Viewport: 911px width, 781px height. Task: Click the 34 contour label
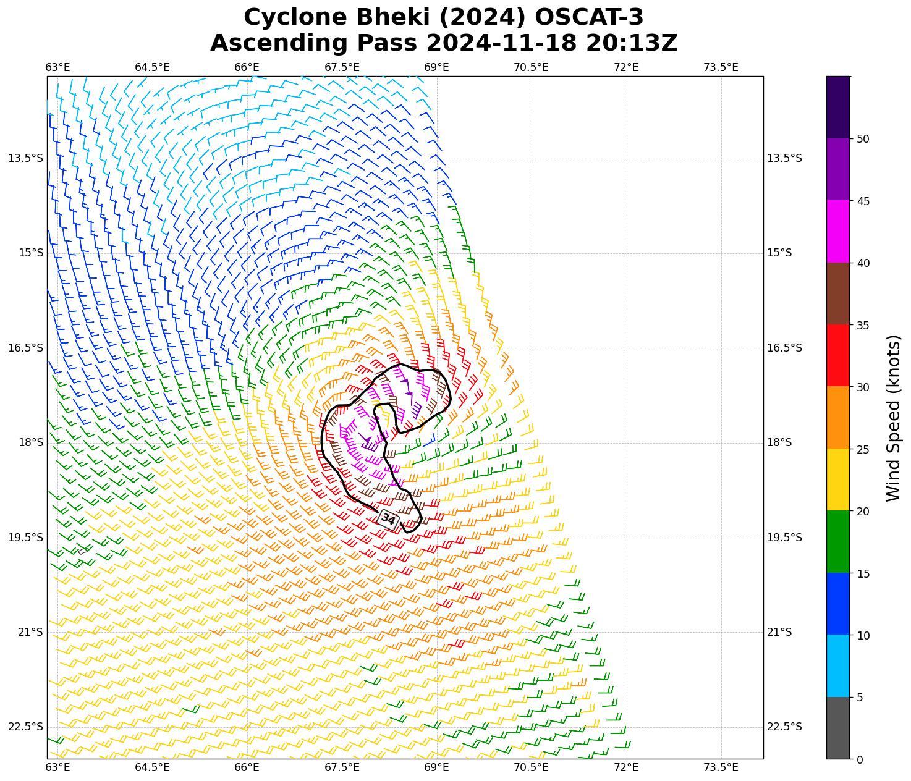coord(388,519)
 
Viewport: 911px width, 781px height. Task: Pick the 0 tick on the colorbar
coord(860,759)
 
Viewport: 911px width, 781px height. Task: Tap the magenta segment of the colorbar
coord(838,232)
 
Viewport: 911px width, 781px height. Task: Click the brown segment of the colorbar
coord(838,293)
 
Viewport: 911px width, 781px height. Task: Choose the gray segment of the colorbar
coord(838,728)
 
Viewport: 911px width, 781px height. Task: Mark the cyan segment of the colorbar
coord(838,666)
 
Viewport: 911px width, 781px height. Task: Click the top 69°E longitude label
coord(436,67)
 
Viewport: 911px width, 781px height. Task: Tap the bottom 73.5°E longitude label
coord(721,767)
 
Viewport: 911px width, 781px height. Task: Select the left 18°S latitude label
coord(26,442)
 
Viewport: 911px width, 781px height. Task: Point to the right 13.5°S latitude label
coord(784,158)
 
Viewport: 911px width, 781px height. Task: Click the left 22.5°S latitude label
coord(26,727)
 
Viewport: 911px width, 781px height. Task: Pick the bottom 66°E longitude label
coord(247,767)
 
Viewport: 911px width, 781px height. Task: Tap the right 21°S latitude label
coord(780,632)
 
